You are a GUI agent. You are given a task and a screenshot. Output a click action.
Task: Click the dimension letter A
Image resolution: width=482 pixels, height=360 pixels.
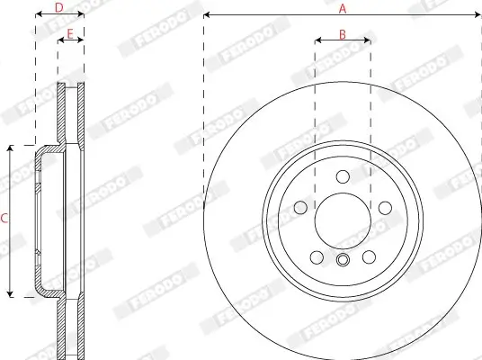342,8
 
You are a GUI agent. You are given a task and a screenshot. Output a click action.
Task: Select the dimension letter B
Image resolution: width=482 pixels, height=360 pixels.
342,33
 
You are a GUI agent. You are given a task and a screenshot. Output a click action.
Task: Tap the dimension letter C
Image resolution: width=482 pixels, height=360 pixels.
4,219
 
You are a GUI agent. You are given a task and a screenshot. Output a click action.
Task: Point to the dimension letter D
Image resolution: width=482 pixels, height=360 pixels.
58,8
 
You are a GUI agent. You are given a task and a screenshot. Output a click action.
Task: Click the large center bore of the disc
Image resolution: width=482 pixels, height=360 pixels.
342,219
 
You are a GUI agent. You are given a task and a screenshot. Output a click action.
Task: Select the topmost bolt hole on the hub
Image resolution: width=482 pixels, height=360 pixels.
342,176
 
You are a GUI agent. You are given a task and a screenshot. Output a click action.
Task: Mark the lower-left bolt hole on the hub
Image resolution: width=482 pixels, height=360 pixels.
317,256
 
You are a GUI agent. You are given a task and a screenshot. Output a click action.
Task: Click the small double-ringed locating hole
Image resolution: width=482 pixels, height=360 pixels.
342,261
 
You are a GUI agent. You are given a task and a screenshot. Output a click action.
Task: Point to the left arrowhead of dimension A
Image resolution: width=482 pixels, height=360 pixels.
207,15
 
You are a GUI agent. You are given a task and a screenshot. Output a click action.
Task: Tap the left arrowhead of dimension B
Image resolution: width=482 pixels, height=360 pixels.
317,40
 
